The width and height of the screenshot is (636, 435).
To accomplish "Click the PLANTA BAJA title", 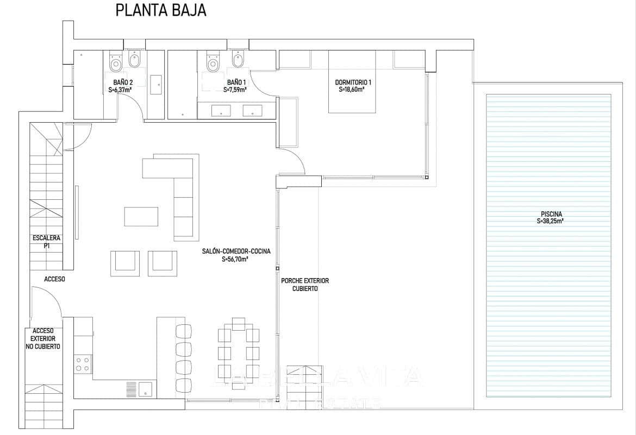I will pyautogui.click(x=160, y=11).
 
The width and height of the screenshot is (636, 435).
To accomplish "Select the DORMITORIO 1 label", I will pyautogui.click(x=353, y=86).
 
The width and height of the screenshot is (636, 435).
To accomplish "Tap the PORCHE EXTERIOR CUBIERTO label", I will pyautogui.click(x=305, y=285).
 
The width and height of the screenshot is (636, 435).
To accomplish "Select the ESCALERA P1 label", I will pyautogui.click(x=46, y=241).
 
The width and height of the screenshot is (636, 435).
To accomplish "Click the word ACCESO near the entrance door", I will pyautogui.click(x=54, y=279).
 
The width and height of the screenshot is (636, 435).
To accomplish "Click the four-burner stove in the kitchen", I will pyautogui.click(x=83, y=364).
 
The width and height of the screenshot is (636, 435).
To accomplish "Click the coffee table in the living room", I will pyautogui.click(x=141, y=216).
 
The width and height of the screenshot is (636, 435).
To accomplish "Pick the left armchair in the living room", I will pyautogui.click(x=124, y=261).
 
